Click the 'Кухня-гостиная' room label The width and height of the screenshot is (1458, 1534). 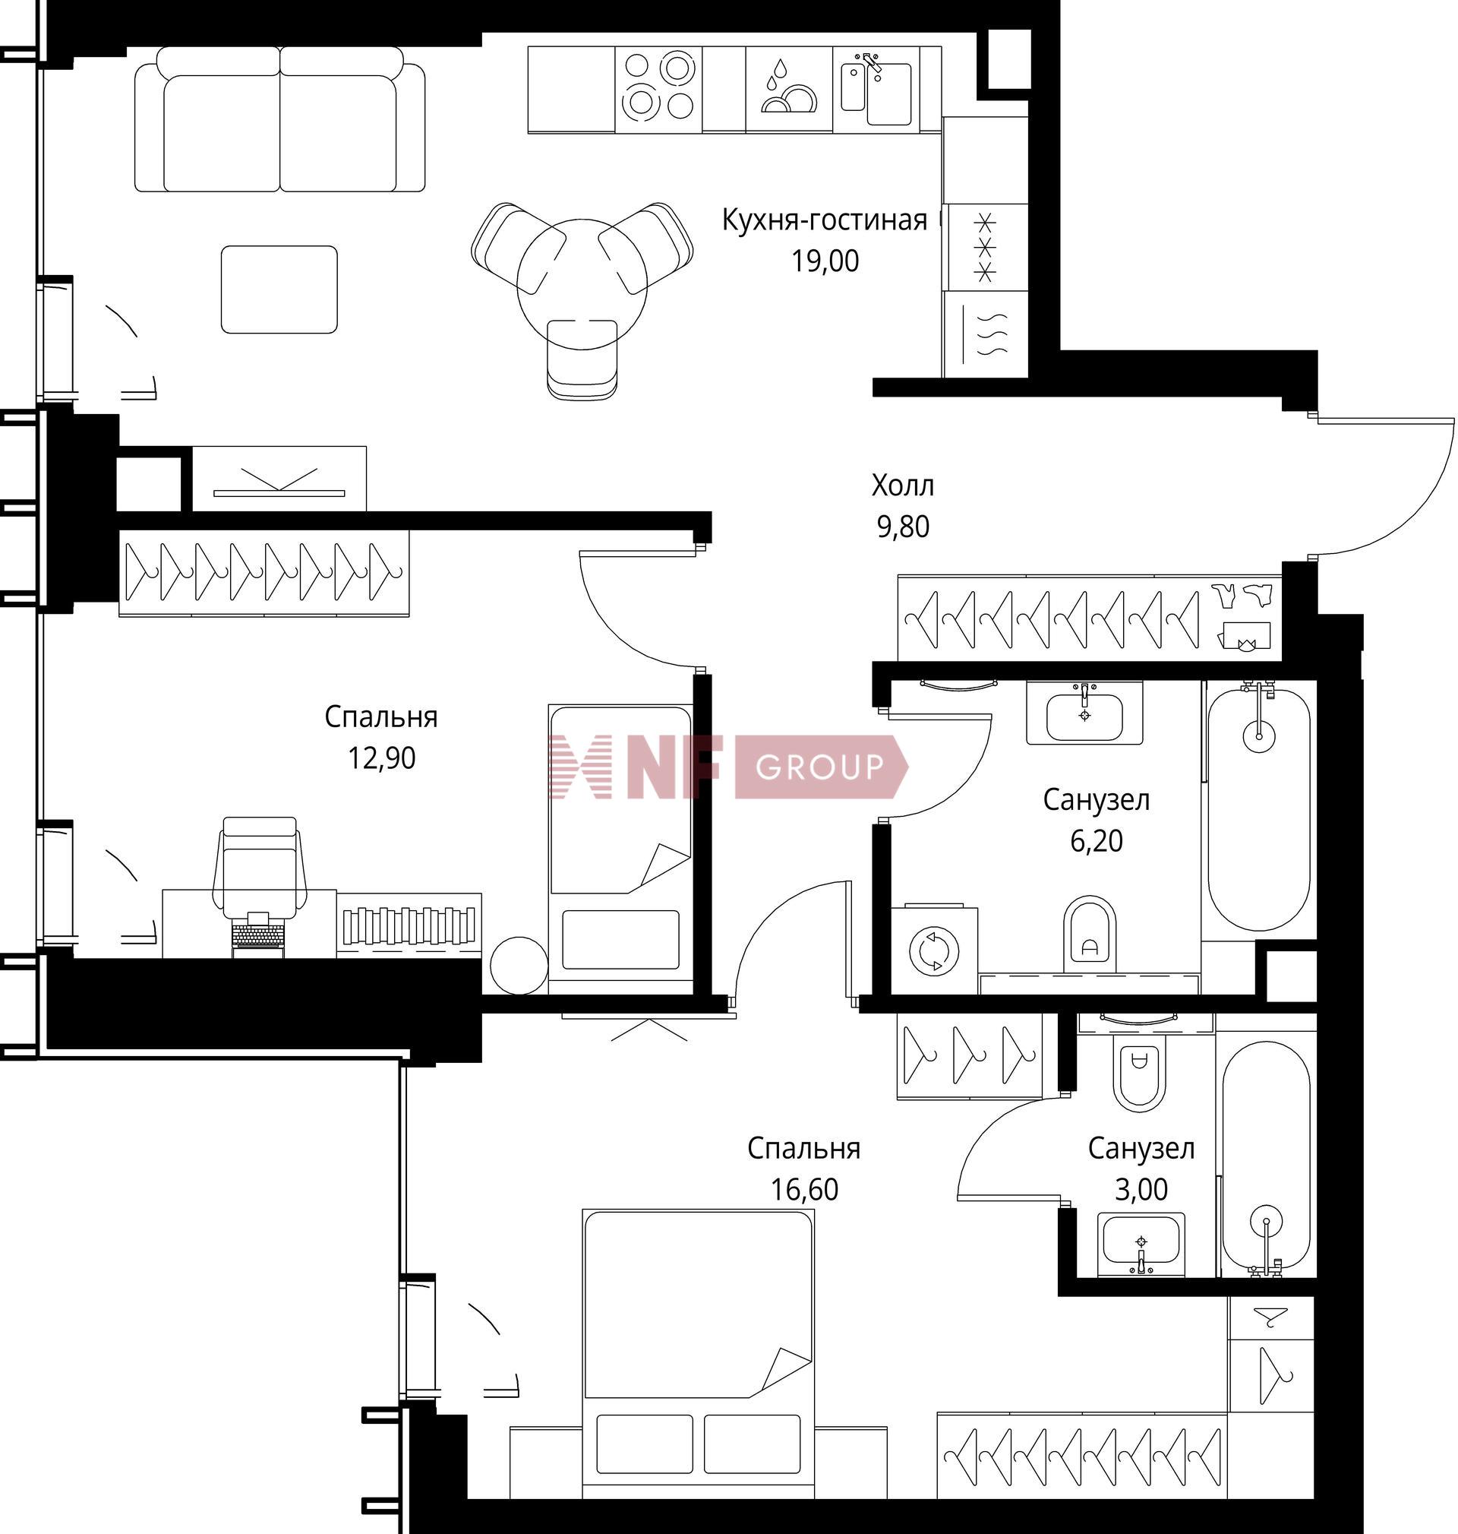click(x=825, y=221)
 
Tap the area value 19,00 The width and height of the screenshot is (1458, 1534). click(x=825, y=262)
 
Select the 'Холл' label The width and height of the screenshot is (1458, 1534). click(x=902, y=486)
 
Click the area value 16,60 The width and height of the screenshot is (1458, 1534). click(x=803, y=1190)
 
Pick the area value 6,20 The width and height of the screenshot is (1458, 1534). click(x=1096, y=841)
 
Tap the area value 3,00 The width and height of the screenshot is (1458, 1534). click(x=1141, y=1190)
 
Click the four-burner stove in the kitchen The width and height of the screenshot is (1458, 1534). click(x=658, y=89)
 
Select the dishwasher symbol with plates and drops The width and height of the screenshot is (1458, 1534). click(x=789, y=89)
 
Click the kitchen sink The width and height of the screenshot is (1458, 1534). click(x=876, y=89)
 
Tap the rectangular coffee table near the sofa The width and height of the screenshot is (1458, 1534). click(x=279, y=289)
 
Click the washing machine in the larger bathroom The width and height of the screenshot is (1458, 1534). click(x=933, y=949)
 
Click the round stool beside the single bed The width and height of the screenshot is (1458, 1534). click(x=519, y=965)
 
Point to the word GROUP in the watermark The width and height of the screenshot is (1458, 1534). click(x=820, y=767)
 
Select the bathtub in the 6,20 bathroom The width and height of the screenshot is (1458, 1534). click(x=1258, y=808)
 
